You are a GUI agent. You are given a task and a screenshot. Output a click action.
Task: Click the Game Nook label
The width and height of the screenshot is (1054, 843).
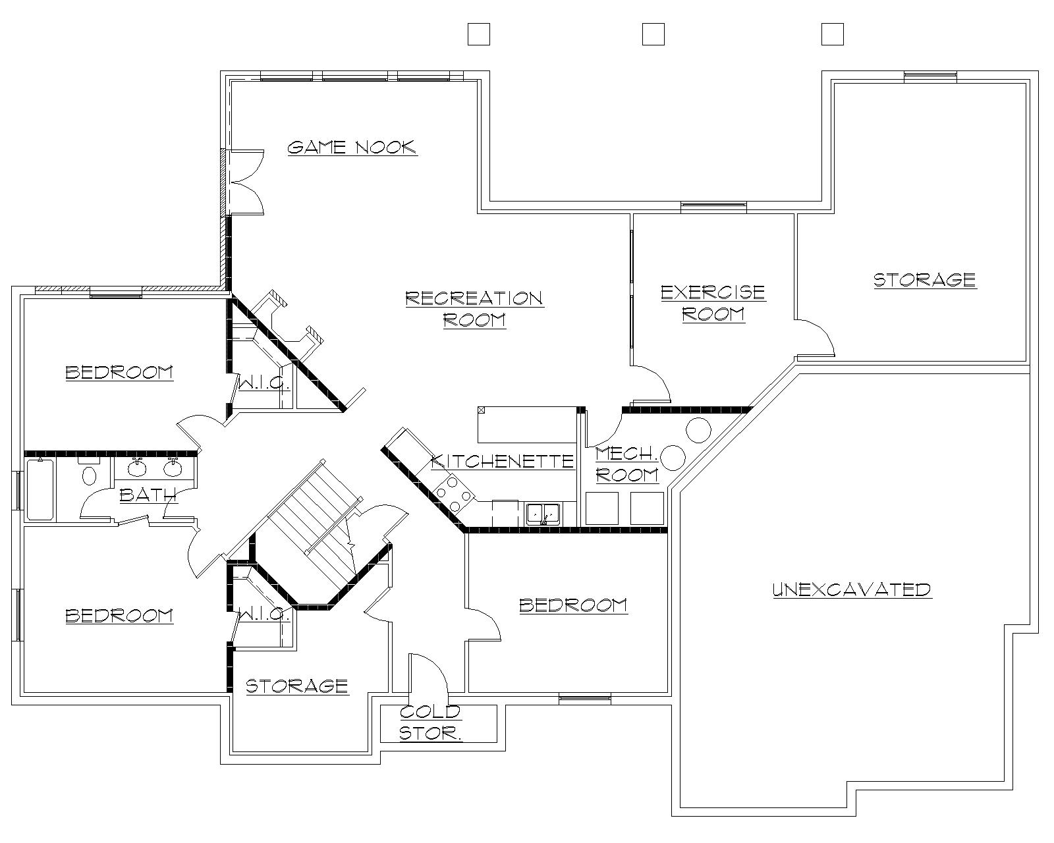(352, 146)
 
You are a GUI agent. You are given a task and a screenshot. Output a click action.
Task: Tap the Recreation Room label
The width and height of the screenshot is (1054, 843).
(474, 309)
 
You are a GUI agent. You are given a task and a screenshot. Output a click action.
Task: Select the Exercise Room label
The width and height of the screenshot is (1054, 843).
(713, 302)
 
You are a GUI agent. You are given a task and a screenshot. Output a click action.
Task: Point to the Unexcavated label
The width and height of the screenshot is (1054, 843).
(851, 589)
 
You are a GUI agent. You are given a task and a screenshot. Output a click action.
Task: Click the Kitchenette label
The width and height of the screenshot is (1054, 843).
(502, 460)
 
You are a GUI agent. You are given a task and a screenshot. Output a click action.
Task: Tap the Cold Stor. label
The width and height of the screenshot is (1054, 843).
(430, 722)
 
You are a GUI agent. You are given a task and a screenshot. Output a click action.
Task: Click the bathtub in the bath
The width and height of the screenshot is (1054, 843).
(40, 490)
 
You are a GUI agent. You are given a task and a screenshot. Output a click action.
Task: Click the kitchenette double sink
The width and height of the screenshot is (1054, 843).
(542, 513)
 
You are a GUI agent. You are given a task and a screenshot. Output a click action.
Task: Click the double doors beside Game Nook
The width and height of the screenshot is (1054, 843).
(245, 181)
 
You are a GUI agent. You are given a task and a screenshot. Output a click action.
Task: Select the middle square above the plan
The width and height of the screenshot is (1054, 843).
(653, 34)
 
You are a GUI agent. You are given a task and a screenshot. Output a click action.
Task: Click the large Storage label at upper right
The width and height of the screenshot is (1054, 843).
(924, 279)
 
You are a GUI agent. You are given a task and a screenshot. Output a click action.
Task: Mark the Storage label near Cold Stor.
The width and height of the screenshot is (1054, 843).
(296, 686)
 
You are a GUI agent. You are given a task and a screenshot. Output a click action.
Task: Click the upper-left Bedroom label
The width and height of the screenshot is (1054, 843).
(119, 372)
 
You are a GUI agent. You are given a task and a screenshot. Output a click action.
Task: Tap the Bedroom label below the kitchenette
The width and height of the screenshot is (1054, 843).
(573, 605)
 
